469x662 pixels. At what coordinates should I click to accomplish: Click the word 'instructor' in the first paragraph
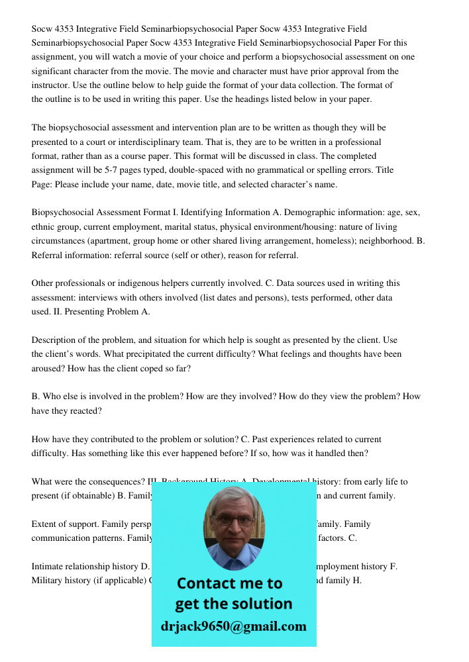(x=52, y=85)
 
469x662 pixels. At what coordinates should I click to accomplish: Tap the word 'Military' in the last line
(x=48, y=581)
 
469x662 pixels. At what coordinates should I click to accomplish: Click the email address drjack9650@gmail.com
(x=234, y=626)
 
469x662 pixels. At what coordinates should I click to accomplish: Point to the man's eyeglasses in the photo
(x=234, y=520)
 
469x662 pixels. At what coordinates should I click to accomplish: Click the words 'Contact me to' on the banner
(x=229, y=584)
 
